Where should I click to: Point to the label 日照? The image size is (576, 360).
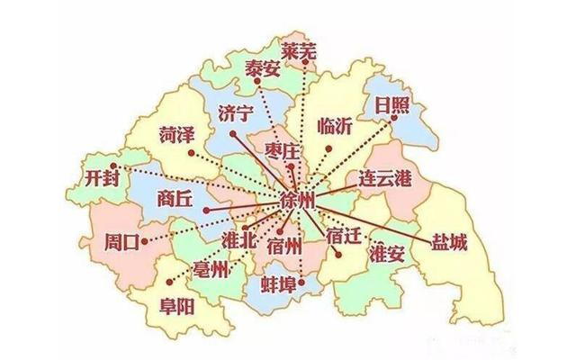(391, 106)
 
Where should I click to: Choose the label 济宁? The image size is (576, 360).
(236, 113)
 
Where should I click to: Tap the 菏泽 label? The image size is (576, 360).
(176, 136)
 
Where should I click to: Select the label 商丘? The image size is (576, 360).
(174, 199)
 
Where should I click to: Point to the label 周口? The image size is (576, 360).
(121, 241)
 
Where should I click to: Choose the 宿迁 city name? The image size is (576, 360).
(343, 238)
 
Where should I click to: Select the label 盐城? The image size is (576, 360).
(448, 242)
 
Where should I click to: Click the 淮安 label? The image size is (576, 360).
(389, 256)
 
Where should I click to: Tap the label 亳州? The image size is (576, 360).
(211, 269)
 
